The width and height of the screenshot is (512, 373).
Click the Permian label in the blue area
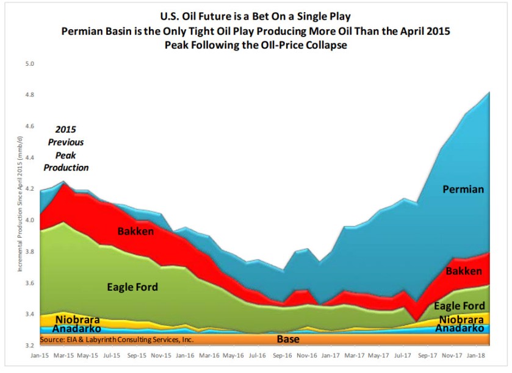pyautogui.click(x=463, y=190)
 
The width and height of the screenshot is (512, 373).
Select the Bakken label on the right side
pyautogui.click(x=464, y=271)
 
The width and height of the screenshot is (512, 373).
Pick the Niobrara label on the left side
pyautogui.click(x=78, y=319)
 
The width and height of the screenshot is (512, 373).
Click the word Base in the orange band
pyautogui.click(x=288, y=339)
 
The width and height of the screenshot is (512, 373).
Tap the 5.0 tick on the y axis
pyautogui.click(x=29, y=63)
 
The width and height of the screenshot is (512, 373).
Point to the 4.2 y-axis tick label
pyautogui.click(x=29, y=189)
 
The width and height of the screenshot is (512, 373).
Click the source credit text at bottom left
pyautogui.click(x=117, y=338)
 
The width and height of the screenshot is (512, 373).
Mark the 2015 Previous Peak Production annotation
pyautogui.click(x=70, y=148)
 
